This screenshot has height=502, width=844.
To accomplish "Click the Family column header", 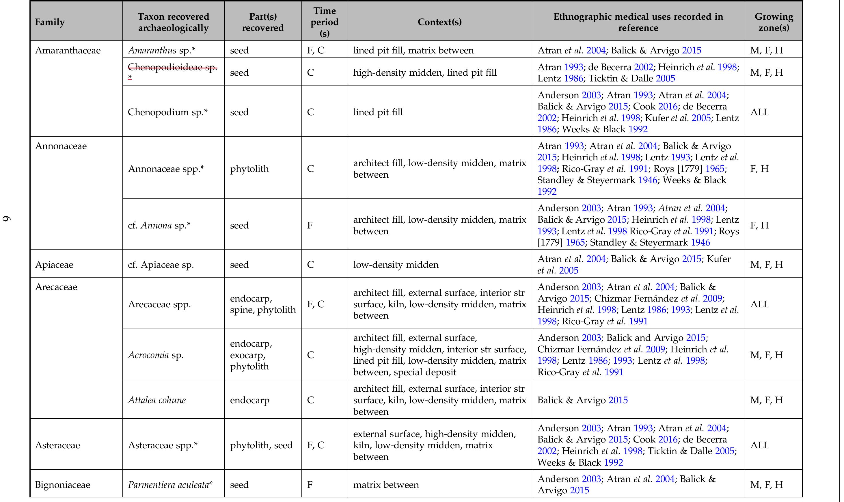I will point(50,22).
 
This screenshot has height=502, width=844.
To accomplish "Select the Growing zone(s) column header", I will point(774,22).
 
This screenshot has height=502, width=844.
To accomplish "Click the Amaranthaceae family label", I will point(68,51).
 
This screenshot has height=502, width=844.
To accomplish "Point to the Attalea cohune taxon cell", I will point(157,400).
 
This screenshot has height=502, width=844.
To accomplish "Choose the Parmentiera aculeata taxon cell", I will point(170,485).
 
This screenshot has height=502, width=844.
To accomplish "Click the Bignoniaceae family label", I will point(63,485).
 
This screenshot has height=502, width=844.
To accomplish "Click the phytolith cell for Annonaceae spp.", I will point(249,168).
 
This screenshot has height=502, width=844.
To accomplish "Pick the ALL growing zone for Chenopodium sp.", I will point(760,112).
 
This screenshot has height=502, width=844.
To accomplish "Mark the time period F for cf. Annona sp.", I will point(310,225).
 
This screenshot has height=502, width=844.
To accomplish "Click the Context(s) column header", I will point(439,22).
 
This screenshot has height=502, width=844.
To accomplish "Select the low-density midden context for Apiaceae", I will point(396,265).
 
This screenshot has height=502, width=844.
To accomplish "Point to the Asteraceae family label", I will point(57,445).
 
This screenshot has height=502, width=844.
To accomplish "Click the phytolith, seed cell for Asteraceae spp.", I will point(261,445).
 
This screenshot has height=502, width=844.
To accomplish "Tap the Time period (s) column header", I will point(325,22).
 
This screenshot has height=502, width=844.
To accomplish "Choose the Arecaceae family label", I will point(56,287).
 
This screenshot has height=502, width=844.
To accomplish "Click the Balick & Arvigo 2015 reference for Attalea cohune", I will point(582,400).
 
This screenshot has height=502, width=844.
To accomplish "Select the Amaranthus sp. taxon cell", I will point(161,51).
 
